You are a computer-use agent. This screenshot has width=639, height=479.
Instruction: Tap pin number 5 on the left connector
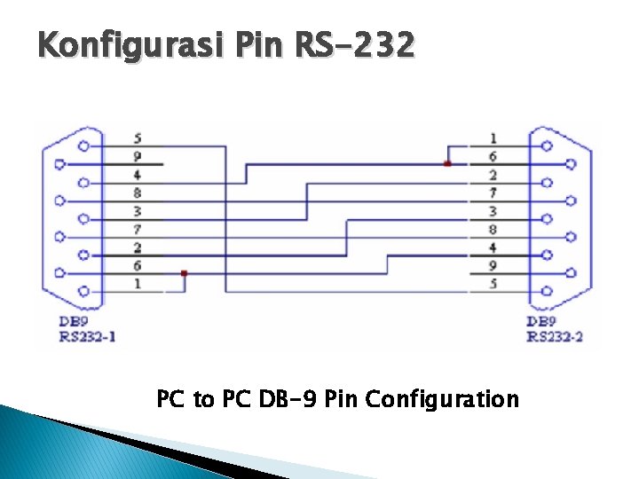[x=138, y=138]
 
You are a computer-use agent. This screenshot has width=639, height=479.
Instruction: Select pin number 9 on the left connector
[x=138, y=156]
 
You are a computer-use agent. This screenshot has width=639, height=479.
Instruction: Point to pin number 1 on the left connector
[x=138, y=283]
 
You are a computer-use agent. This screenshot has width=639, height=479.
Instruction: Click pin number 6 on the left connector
[x=138, y=265]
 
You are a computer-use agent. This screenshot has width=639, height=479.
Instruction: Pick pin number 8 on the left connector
[x=138, y=192]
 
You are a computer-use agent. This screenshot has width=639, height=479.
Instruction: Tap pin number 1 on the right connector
[x=493, y=138]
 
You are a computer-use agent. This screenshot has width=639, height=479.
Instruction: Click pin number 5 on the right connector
[x=493, y=283]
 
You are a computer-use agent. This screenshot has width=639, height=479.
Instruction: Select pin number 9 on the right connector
[x=493, y=265]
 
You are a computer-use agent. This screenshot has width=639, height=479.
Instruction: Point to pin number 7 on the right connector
[x=493, y=192]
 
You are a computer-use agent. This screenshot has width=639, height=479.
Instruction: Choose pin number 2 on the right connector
[x=493, y=175]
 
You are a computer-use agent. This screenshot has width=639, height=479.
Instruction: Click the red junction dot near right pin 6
[x=447, y=164]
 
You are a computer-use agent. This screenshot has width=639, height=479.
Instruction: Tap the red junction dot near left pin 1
[x=184, y=273]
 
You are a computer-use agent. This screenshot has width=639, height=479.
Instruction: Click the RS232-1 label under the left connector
[x=87, y=336]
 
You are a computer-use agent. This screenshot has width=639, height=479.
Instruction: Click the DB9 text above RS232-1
[x=75, y=321]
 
